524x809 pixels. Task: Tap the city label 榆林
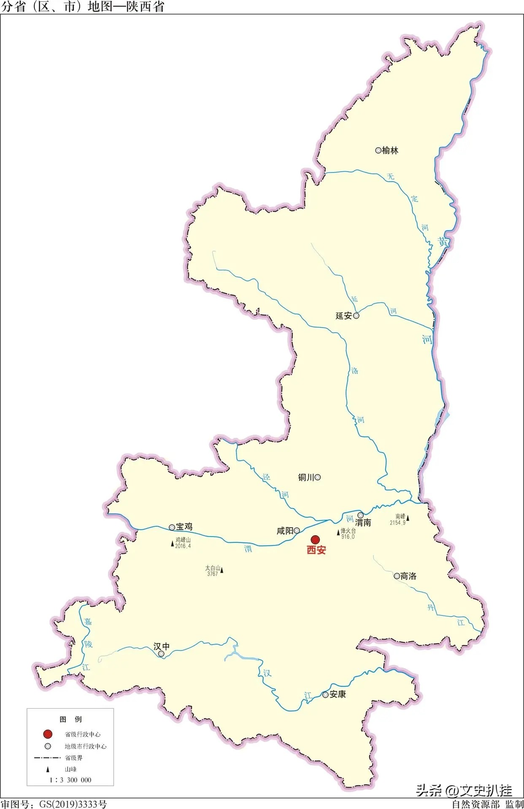click(x=390, y=151)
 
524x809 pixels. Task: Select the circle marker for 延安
click(x=356, y=316)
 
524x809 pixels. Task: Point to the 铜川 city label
click(x=306, y=477)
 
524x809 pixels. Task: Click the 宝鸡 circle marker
click(x=172, y=527)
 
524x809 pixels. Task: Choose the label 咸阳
click(x=285, y=531)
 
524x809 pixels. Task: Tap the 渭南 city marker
click(x=361, y=515)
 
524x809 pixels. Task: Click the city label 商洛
click(x=408, y=576)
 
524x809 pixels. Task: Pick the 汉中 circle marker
click(x=161, y=654)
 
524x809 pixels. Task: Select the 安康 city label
click(x=338, y=694)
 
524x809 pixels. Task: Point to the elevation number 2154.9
click(x=397, y=523)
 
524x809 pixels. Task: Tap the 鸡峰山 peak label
click(x=183, y=540)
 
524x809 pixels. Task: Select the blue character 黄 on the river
click(x=443, y=242)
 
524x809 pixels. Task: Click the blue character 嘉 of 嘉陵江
click(x=87, y=622)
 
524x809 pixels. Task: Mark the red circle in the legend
click(x=48, y=734)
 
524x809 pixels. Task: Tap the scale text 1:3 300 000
click(x=70, y=780)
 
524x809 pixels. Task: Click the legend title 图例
click(x=70, y=719)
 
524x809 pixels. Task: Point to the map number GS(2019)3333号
click(x=73, y=804)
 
